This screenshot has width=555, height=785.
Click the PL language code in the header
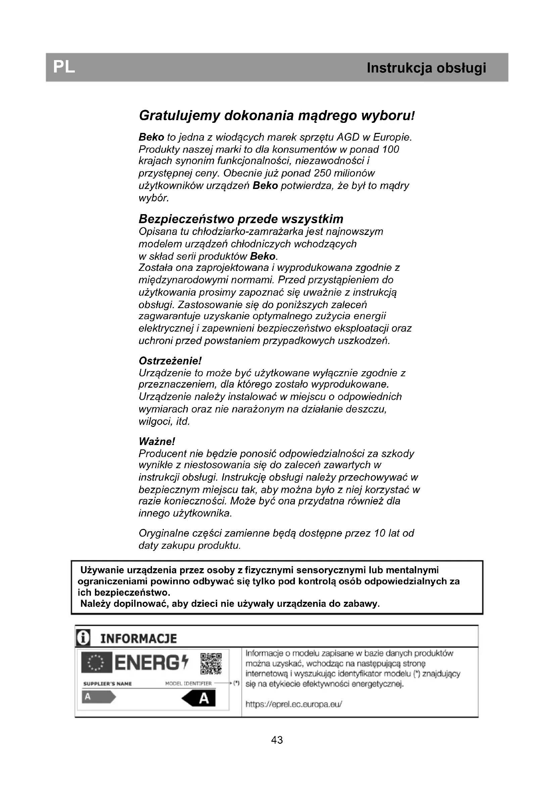tap(64, 67)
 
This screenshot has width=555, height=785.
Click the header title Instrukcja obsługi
tap(426, 68)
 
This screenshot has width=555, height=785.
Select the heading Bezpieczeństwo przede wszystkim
tap(241, 219)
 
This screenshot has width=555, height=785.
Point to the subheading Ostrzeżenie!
tap(170, 361)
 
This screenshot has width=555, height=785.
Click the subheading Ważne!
tap(157, 441)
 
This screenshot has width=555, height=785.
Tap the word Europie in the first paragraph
tap(392, 137)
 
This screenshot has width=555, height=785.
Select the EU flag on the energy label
tap(96, 663)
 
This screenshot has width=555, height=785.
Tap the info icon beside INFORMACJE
tap(83, 638)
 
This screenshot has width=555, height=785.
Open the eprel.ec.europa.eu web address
tap(294, 704)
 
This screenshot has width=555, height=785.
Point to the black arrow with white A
tap(199, 698)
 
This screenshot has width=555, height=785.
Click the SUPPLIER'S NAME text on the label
tap(107, 684)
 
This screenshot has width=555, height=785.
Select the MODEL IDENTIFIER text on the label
tap(188, 683)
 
